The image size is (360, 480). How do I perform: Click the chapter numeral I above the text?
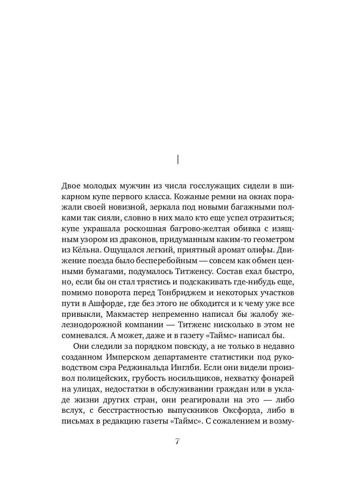pos(178,160)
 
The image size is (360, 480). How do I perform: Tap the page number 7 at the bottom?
pos(178,441)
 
